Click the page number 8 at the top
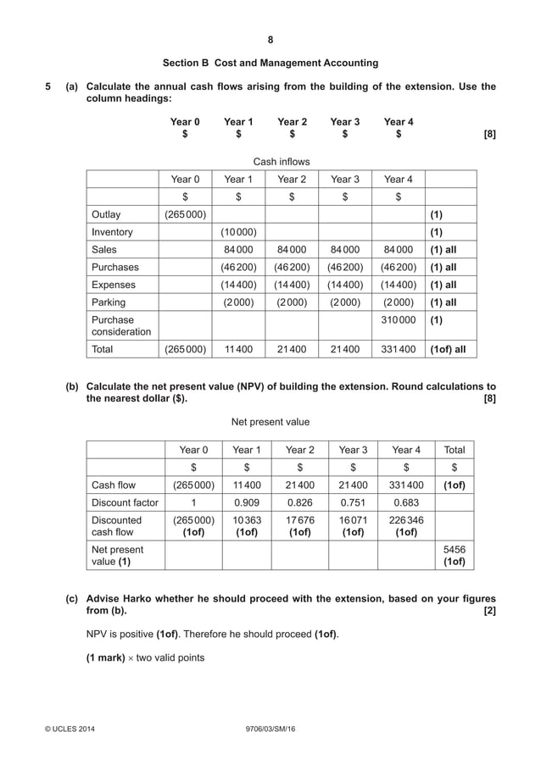[x=270, y=40]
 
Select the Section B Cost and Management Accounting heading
[x=270, y=64]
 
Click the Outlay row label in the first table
[x=106, y=214]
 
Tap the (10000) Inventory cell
[x=238, y=232]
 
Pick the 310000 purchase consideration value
[x=398, y=320]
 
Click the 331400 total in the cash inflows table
[x=398, y=348]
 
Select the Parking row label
[x=109, y=302]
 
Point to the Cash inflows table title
[x=282, y=161]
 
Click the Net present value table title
[x=270, y=421]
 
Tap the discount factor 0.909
[x=247, y=502]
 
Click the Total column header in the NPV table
[x=455, y=450]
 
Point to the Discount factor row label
[x=125, y=502]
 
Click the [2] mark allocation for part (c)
[x=488, y=611]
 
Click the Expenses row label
[x=113, y=285]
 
